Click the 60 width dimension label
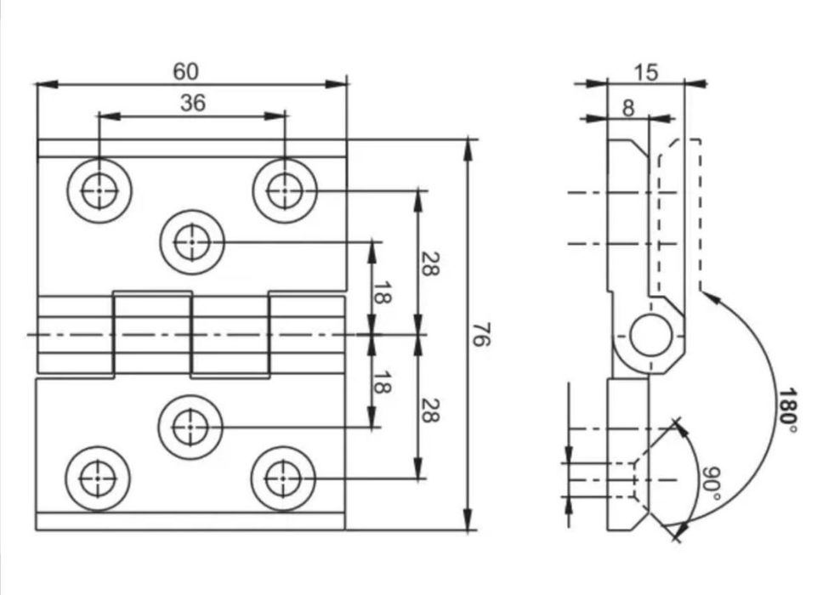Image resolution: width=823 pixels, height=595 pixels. (186, 71)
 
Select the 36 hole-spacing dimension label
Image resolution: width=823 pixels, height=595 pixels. (193, 103)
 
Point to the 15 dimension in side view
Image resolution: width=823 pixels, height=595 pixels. (645, 72)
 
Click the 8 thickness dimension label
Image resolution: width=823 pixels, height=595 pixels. (627, 108)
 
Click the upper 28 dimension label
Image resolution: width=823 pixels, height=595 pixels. (429, 263)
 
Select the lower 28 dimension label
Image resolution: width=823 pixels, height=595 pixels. (429, 411)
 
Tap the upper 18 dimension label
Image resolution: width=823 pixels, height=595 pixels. (382, 292)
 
